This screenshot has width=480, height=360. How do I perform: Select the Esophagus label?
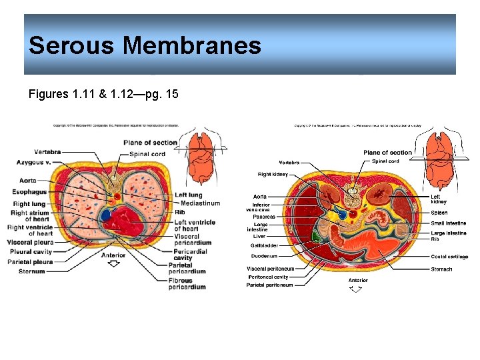(29, 192)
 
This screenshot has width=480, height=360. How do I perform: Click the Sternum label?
(31, 271)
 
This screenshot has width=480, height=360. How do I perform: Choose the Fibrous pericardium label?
(187, 284)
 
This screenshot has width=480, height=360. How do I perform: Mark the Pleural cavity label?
(30, 253)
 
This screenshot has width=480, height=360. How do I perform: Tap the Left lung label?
(189, 195)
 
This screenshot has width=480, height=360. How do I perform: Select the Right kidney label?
(273, 174)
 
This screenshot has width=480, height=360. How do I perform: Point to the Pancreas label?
(264, 217)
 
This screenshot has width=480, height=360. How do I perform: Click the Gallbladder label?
(265, 245)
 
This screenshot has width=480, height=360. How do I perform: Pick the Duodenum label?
(264, 256)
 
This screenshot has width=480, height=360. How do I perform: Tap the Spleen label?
(439, 213)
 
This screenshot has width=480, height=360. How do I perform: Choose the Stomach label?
(441, 269)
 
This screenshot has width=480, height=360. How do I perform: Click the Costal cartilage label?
(449, 257)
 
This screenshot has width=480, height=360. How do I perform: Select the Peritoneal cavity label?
(268, 277)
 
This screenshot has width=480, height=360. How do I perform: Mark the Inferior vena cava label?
(261, 207)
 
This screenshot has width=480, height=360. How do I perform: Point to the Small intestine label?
(448, 223)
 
